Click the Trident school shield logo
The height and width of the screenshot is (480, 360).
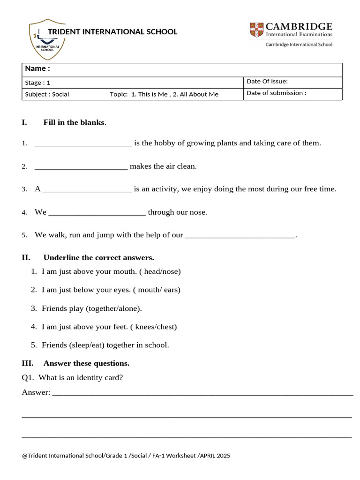point(47,39)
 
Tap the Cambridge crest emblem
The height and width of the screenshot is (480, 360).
point(256,30)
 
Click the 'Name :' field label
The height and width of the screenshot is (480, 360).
point(37,68)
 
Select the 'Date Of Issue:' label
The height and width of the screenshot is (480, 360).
point(267,82)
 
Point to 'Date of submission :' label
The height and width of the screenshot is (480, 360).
point(276,93)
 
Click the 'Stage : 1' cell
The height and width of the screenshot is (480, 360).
point(37,82)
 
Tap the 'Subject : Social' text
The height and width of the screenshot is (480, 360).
point(47,94)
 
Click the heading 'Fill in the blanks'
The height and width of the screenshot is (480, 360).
point(74,122)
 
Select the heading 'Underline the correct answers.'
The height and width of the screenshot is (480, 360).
point(98,257)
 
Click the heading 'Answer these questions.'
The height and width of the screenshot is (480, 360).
point(86,363)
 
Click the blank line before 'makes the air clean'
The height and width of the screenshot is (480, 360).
point(81,167)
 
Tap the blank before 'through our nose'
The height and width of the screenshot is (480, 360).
point(97,213)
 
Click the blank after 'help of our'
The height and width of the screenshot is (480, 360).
point(240,236)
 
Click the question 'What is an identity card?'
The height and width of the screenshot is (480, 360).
point(81,377)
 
